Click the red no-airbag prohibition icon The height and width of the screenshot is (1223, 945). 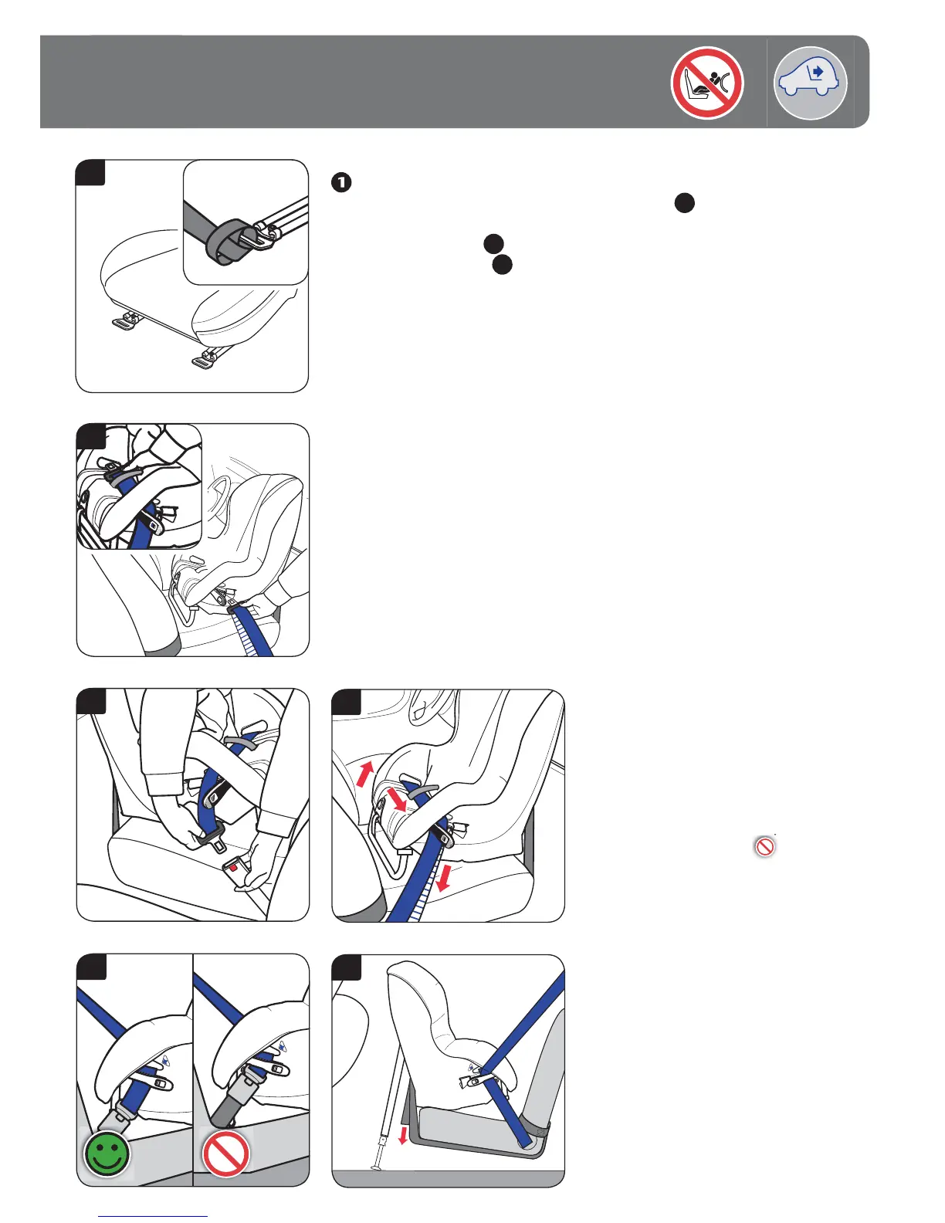coord(706,83)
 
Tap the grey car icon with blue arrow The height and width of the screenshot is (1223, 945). coord(810,83)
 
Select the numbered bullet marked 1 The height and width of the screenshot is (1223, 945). coord(341,183)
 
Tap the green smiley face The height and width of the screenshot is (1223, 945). coord(107,1154)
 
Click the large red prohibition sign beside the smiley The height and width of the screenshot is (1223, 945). coord(225,1154)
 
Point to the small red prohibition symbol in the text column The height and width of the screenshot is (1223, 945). coord(764,847)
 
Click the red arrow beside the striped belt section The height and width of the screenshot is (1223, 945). coord(442,877)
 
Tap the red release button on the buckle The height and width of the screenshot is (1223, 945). coord(232,867)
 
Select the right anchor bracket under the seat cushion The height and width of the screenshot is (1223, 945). coord(205,359)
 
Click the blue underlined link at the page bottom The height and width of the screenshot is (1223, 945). coord(154,1216)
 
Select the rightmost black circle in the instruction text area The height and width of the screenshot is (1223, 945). coord(684,203)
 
